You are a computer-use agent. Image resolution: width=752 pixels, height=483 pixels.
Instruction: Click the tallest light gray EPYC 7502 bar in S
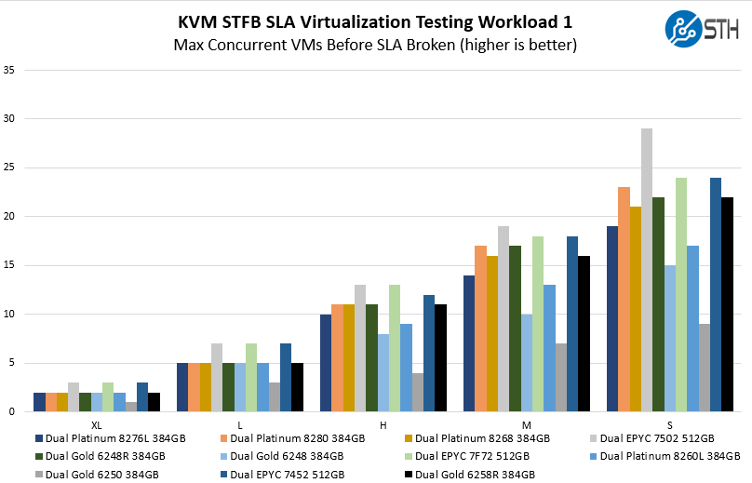tap(646, 270)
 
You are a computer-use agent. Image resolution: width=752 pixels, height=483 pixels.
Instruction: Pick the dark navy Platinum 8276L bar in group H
tap(326, 363)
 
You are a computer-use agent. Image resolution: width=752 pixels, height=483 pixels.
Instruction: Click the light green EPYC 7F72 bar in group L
tap(251, 377)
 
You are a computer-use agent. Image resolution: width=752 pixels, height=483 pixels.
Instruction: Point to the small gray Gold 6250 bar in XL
tap(131, 406)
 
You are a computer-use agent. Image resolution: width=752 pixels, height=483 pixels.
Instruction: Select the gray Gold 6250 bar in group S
tap(704, 368)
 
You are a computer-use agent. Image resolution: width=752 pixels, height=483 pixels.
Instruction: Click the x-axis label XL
tap(97, 424)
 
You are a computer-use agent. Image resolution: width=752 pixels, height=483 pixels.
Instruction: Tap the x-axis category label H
tap(383, 424)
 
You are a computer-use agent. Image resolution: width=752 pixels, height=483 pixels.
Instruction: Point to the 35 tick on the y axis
tap(9, 70)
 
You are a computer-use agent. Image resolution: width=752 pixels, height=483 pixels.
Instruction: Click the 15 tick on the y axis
tap(9, 265)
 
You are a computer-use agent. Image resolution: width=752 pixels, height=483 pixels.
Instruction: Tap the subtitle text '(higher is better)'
tap(518, 45)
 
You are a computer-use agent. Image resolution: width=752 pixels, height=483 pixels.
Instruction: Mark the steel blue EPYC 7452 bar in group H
tap(429, 354)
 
